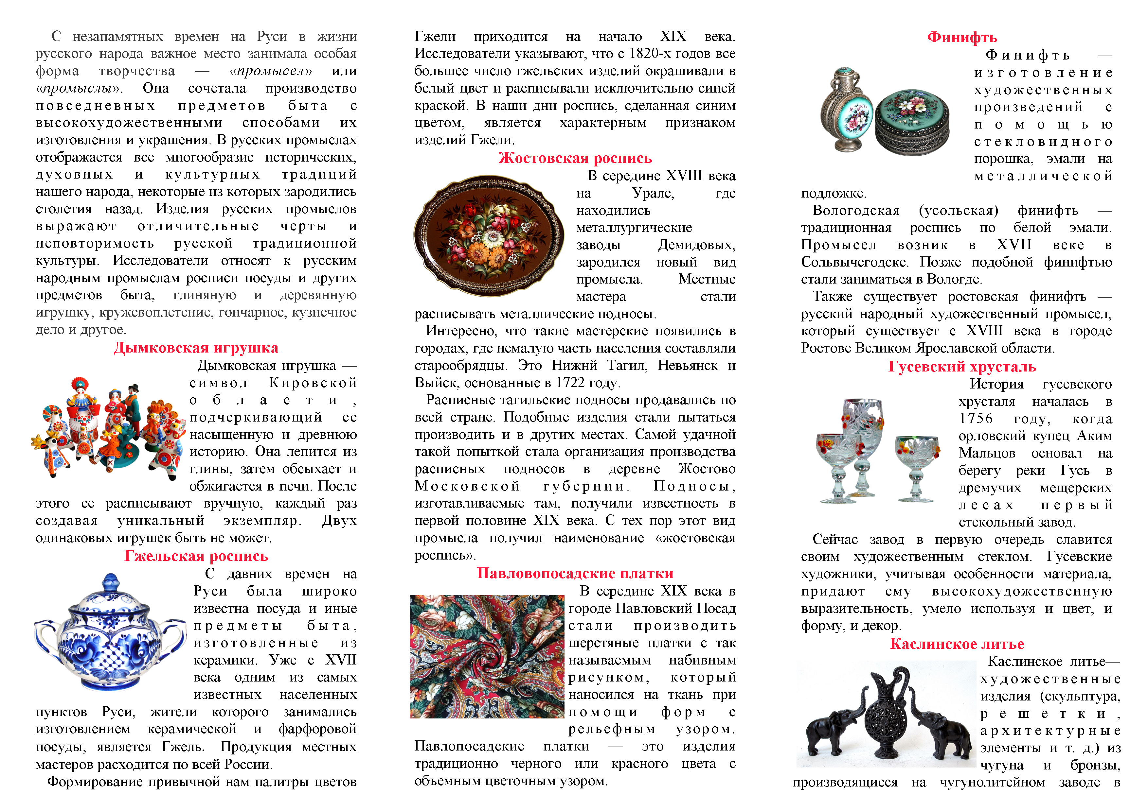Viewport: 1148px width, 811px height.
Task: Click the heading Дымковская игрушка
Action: click(x=196, y=348)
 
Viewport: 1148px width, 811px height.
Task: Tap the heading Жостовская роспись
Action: click(x=575, y=158)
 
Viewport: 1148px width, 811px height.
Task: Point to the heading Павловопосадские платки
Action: click(x=575, y=573)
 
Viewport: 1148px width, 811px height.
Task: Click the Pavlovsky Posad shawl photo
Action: click(x=487, y=657)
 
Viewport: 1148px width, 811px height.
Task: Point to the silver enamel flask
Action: click(x=847, y=110)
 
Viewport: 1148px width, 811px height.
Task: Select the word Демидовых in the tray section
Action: click(x=696, y=245)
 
